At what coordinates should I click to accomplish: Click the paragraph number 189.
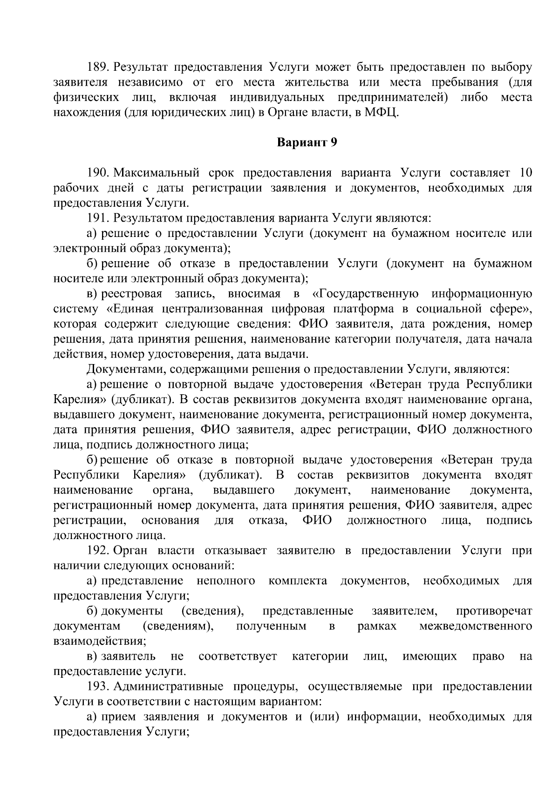click(x=96, y=68)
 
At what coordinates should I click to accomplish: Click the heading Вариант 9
click(x=307, y=142)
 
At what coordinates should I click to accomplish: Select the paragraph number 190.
click(x=96, y=174)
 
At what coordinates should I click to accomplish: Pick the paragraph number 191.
click(x=96, y=218)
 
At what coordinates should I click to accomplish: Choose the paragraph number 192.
click(x=96, y=551)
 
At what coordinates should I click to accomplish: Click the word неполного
click(x=226, y=581)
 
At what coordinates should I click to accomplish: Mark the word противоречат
click(x=494, y=611)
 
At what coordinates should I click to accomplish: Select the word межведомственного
click(x=476, y=626)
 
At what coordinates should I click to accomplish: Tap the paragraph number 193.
click(x=96, y=687)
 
